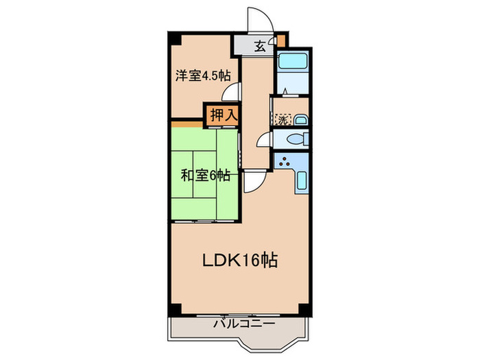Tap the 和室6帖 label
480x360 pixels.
205,175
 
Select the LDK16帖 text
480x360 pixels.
239,261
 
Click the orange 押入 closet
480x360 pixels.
223,115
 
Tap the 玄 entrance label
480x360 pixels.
261,47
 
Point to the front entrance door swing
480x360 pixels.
259,19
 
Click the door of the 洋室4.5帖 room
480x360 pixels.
235,92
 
